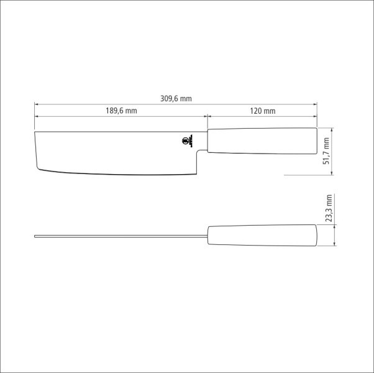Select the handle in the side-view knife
(x=261, y=140)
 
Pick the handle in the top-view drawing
(x=261, y=236)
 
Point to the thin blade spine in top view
(x=118, y=236)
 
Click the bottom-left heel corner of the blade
(x=39, y=170)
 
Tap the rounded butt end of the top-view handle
(x=316, y=236)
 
